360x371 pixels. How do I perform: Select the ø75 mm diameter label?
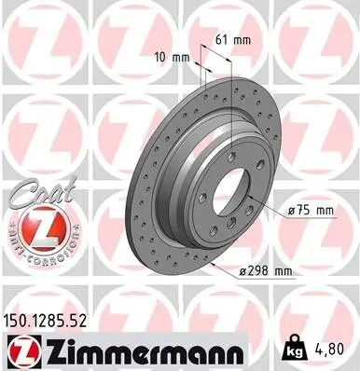click(311, 211)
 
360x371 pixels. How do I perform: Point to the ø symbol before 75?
click(292, 211)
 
